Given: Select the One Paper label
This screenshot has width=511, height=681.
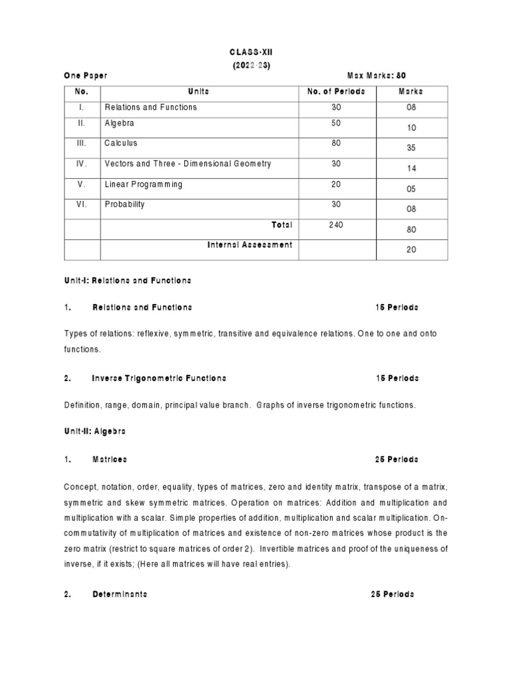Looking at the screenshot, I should tap(86, 76).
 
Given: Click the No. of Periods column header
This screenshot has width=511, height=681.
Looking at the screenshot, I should tap(335, 91).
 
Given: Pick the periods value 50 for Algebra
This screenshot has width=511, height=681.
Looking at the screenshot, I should tap(335, 124).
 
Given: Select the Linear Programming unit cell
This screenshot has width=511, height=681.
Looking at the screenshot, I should tap(143, 184).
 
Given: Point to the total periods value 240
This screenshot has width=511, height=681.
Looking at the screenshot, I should tap(335, 225).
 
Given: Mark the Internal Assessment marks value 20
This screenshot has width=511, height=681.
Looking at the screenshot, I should tap(411, 250).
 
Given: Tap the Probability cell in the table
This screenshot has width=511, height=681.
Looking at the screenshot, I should tap(125, 205).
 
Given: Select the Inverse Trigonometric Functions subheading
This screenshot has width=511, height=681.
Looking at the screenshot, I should tap(159, 378).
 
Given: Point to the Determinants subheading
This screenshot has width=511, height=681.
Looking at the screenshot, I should tap(120, 594).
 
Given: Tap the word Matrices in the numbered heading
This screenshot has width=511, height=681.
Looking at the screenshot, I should tap(109, 460).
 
